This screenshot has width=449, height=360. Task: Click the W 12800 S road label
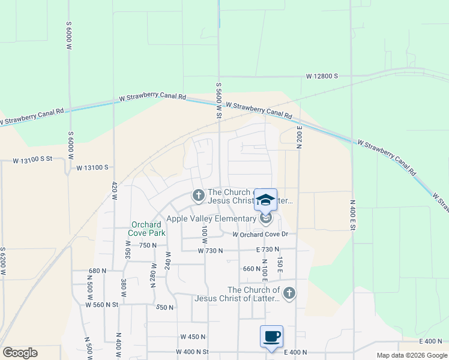click(322, 77)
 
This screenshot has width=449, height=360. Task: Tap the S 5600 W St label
click(219, 101)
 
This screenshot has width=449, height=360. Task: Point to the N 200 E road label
click(298, 137)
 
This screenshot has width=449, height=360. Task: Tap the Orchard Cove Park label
click(148, 229)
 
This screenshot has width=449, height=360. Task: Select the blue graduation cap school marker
click(265, 200)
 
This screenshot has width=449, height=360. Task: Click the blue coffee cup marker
click(271, 335)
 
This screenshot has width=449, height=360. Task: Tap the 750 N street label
click(147, 245)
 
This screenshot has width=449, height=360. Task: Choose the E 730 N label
click(268, 249)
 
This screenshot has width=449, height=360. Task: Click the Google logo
click(19, 353)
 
